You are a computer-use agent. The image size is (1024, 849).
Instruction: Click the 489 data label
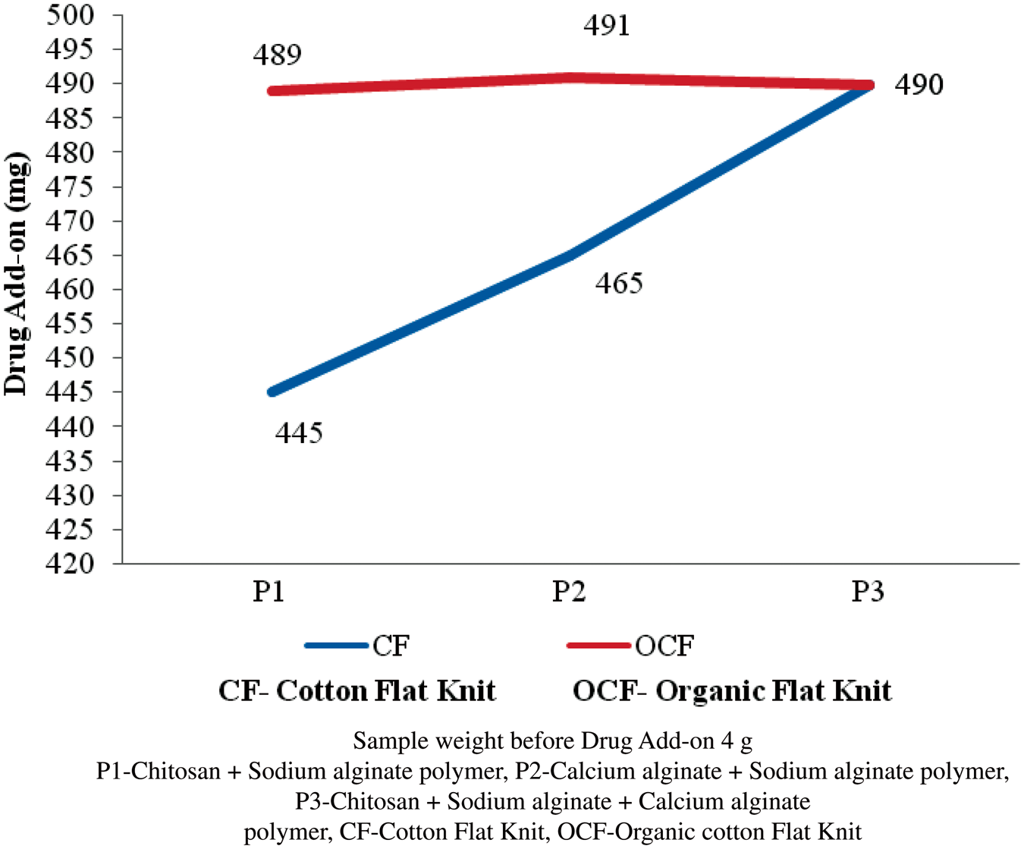278,55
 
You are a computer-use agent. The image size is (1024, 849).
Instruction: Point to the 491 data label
607,26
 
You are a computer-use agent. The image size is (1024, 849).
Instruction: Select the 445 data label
299,433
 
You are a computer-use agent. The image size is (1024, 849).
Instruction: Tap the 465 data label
619,284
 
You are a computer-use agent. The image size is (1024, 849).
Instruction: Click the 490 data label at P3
919,84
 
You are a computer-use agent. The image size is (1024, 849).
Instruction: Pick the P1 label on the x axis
269,591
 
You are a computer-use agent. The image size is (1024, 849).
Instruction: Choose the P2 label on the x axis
569,591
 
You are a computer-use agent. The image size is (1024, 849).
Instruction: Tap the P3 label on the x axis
868,591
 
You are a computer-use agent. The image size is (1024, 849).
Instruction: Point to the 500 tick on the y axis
71,15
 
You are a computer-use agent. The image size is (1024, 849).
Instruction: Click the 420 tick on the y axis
71,564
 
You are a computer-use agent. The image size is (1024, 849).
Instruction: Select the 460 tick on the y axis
71,289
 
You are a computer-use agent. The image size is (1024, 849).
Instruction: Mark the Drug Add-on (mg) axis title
16,273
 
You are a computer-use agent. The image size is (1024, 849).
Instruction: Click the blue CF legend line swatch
337,646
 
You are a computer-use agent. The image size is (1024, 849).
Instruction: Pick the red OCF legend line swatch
599,646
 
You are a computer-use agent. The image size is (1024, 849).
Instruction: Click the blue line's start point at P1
272,392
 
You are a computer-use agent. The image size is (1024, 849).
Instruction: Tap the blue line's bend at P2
570,256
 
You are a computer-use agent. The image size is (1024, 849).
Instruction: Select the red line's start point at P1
272,91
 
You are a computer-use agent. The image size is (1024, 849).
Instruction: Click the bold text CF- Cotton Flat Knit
357,691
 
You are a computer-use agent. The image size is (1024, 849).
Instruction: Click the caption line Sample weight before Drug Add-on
552,741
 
